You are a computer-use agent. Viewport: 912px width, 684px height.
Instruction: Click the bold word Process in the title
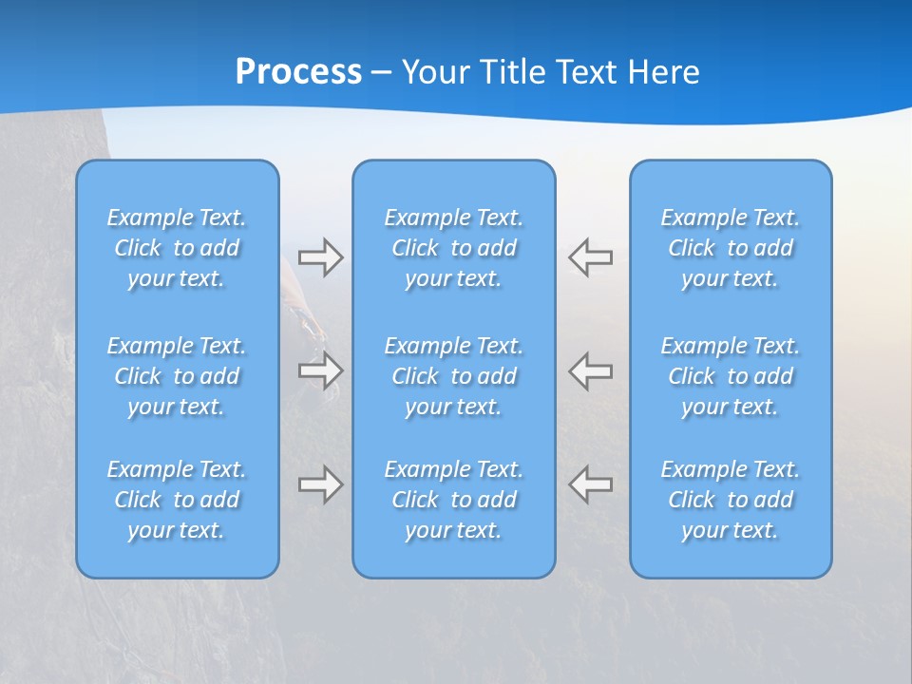298,72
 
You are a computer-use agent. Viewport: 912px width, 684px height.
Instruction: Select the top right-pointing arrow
320,257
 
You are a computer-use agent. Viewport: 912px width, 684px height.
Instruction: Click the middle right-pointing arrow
320,370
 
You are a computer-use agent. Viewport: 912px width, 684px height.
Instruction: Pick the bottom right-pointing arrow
320,484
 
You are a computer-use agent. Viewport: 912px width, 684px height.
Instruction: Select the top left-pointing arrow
590,257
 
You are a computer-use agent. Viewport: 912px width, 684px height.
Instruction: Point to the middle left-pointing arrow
590,370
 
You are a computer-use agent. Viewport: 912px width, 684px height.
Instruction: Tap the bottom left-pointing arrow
590,484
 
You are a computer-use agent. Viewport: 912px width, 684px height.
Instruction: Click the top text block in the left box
177,248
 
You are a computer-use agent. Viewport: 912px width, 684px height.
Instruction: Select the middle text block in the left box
177,376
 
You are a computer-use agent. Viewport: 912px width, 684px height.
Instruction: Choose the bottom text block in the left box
177,500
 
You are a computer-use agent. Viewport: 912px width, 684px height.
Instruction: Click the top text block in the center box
453,248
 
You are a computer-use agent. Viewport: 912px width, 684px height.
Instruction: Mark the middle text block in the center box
453,376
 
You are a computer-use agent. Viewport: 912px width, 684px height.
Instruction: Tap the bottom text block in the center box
453,500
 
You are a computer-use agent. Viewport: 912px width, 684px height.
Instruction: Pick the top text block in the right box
730,248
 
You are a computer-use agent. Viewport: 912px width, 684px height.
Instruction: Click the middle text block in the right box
730,376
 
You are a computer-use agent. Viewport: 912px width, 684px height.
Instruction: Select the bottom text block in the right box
730,500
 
